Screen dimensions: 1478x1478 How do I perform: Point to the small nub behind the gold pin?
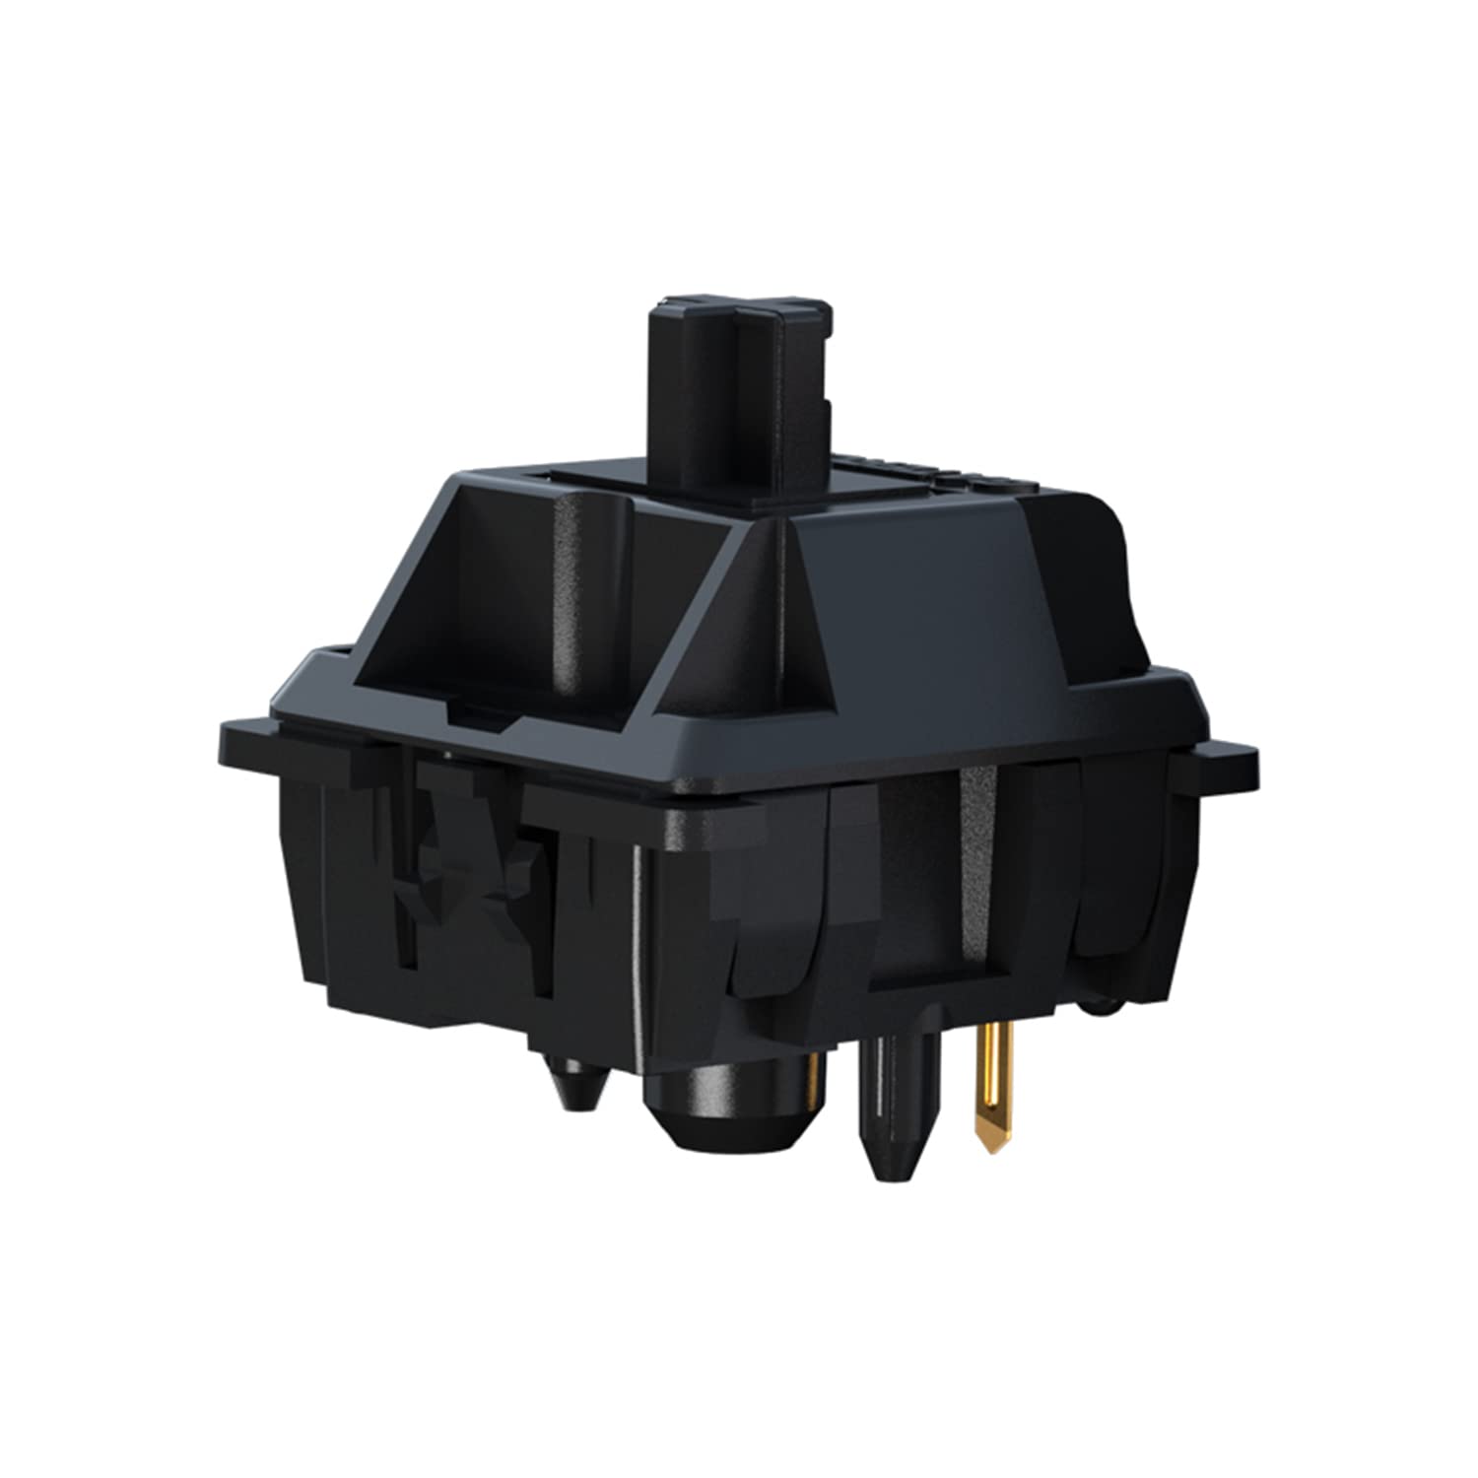pos(1099,1005)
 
